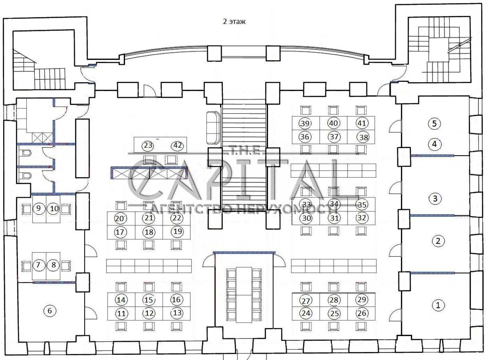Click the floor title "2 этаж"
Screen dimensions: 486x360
click(234, 22)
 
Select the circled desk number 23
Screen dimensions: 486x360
click(148, 145)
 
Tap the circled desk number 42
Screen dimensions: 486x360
click(177, 145)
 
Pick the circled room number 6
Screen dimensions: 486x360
click(50, 311)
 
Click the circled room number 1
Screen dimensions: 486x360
click(438, 305)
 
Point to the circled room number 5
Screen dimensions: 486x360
click(434, 123)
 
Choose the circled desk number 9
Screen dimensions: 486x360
click(39, 208)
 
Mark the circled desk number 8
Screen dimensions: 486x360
click(53, 265)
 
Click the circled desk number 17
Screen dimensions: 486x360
click(120, 232)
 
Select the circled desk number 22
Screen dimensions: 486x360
click(177, 218)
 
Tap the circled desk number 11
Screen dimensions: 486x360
click(121, 314)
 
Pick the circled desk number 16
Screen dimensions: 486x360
click(176, 300)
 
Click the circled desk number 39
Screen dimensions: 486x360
click(305, 123)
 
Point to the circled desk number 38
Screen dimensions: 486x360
click(364, 137)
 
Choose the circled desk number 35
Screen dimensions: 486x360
click(362, 205)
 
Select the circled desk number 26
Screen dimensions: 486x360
click(362, 313)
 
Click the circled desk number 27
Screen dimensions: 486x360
click(306, 301)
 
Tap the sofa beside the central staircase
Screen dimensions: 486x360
click(213, 128)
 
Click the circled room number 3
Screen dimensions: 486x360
click(435, 198)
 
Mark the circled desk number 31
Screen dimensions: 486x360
click(334, 218)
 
